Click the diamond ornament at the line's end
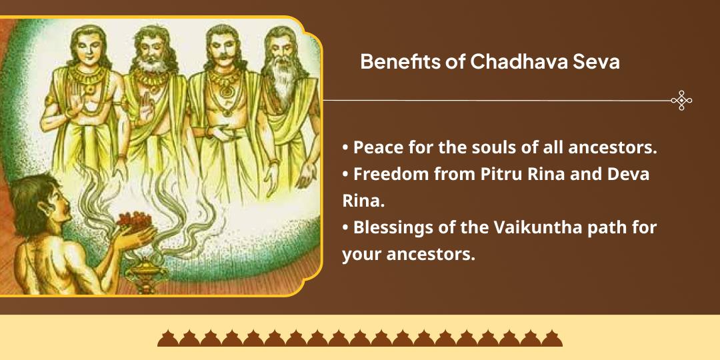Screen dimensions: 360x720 pyautogui.click(x=681, y=101)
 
